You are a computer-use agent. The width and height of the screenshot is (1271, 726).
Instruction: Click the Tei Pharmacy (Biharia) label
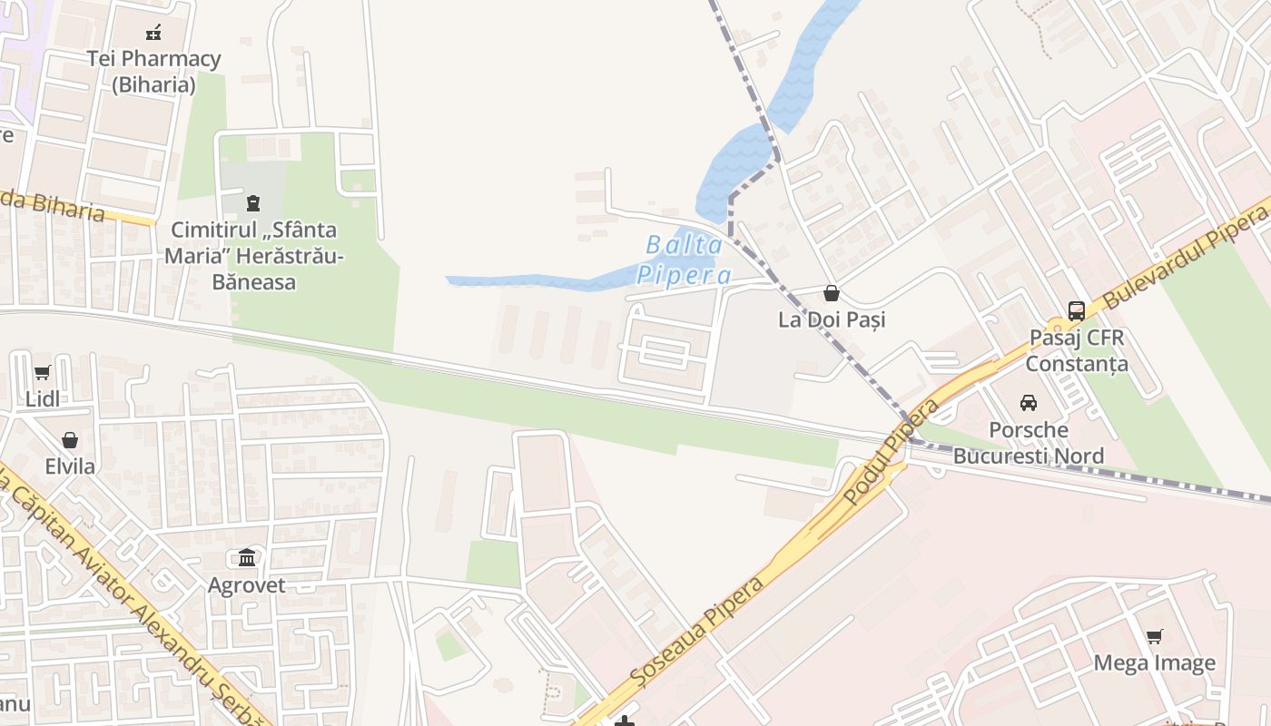pos(153,72)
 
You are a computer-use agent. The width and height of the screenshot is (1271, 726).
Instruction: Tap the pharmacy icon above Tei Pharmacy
pos(153,33)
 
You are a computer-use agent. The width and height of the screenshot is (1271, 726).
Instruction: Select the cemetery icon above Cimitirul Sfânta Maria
pos(253,201)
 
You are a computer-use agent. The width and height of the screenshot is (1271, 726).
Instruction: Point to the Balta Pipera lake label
pos(684,260)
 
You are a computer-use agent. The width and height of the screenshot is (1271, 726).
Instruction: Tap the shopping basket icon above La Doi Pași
pos(831,293)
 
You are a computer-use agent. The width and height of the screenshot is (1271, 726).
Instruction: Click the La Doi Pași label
pos(832,319)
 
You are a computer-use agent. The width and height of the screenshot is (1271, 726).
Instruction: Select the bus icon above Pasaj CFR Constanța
pos(1077,311)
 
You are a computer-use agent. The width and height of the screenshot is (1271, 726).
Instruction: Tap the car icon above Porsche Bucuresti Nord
pos(1029,402)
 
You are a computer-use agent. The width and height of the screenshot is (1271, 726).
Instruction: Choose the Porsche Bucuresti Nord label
pos(1029,442)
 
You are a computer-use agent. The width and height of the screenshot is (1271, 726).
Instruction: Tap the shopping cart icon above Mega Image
pos(1154,636)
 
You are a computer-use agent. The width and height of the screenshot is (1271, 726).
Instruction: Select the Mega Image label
pos(1154,662)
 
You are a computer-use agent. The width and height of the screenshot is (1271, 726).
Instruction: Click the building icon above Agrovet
pos(247,557)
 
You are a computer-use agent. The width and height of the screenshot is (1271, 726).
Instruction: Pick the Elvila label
pos(70,466)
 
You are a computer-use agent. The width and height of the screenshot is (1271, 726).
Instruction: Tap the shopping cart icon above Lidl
pos(42,373)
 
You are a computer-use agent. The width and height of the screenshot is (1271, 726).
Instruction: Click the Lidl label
pos(42,399)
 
